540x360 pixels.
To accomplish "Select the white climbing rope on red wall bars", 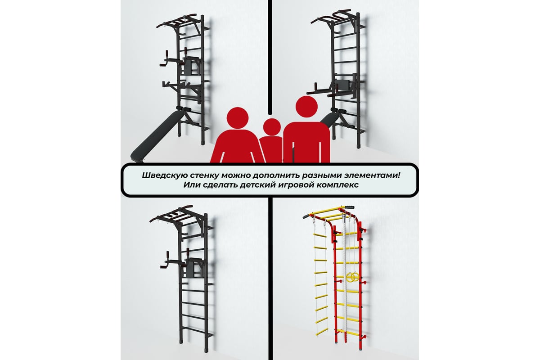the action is (x=345, y=277).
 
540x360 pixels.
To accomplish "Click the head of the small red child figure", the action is (x=272, y=127).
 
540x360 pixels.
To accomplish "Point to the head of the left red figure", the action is (x=238, y=118).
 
